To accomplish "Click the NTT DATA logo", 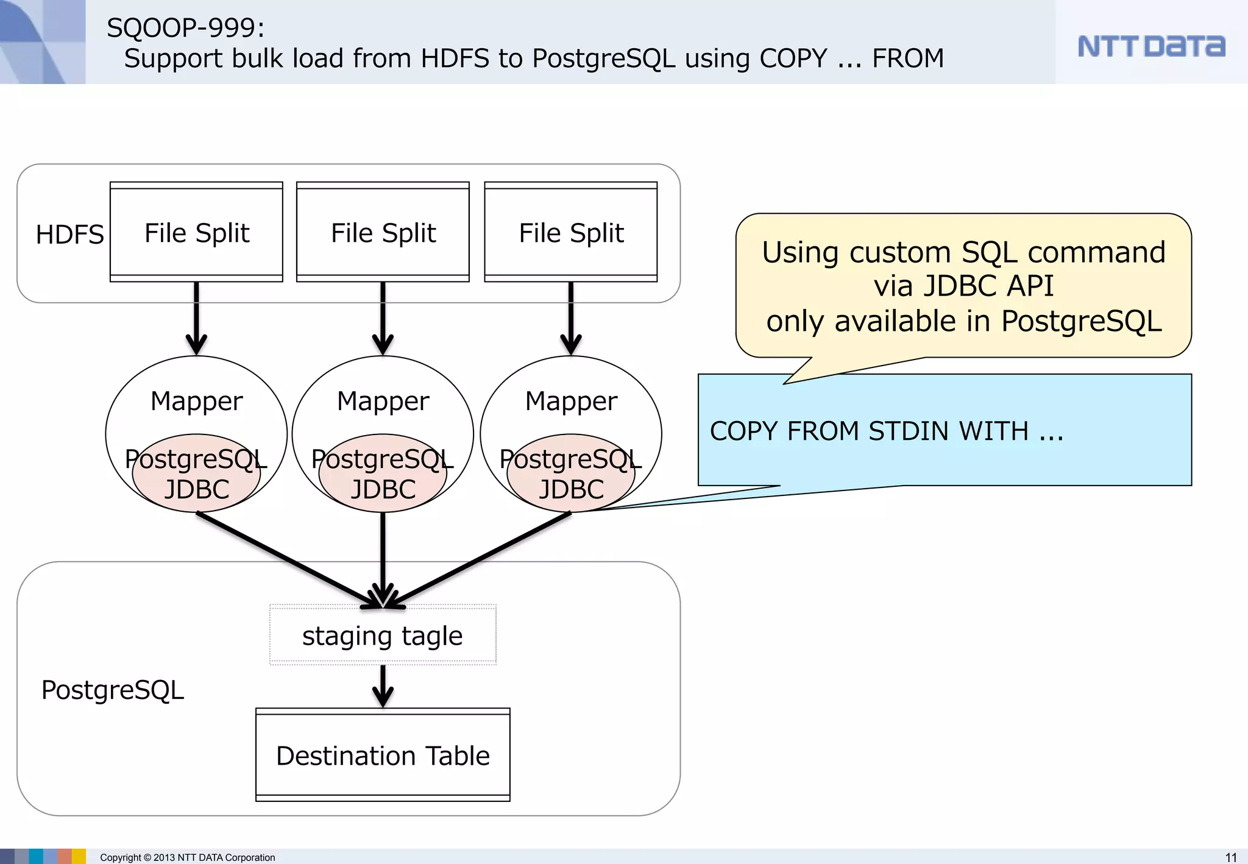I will pyautogui.click(x=1150, y=46).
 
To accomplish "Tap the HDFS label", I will pyautogui.click(x=69, y=235).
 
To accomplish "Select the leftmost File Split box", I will pyautogui.click(x=196, y=232).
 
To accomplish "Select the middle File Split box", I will pyautogui.click(x=383, y=232).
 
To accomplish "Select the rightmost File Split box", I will pyautogui.click(x=571, y=232).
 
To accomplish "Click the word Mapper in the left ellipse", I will pyautogui.click(x=196, y=401).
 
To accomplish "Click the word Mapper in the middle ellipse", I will pyautogui.click(x=383, y=401).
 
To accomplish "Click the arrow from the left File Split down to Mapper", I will pyautogui.click(x=196, y=317).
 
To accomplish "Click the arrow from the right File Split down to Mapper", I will pyautogui.click(x=571, y=317).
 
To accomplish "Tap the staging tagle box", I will pyautogui.click(x=383, y=636).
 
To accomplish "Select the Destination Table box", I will pyautogui.click(x=383, y=755).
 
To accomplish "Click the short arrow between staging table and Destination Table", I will pyautogui.click(x=383, y=685).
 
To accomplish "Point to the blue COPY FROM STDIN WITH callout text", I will pyautogui.click(x=886, y=431).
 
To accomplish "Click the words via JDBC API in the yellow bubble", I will pyautogui.click(x=963, y=286).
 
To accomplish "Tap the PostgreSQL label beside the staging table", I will pyautogui.click(x=112, y=690).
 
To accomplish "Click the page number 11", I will pyautogui.click(x=1231, y=857).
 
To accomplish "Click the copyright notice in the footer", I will pyautogui.click(x=187, y=857).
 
